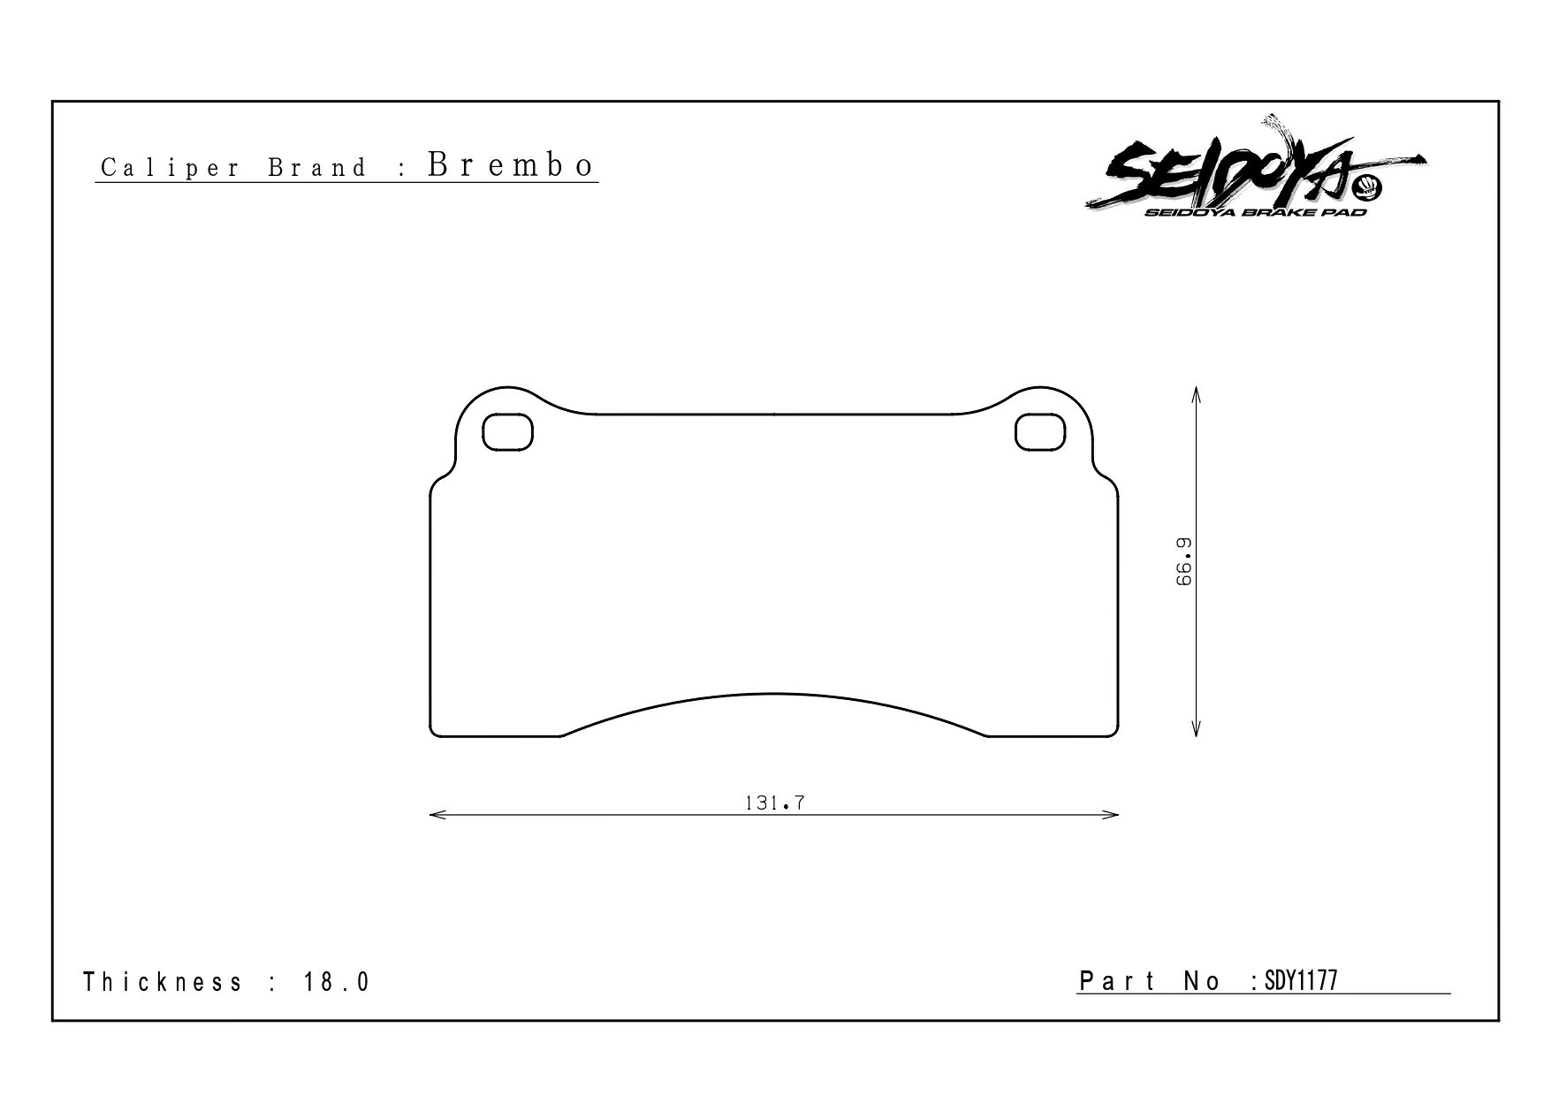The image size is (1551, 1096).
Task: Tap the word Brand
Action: tap(317, 168)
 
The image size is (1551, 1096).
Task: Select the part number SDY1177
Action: tap(1301, 980)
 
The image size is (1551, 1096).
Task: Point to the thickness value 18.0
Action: tap(337, 982)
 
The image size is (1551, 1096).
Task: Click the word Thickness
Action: tap(163, 982)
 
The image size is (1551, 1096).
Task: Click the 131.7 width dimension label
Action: tap(774, 803)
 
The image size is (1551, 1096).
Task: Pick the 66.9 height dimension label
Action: tap(1184, 561)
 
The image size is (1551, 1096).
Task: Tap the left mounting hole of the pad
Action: tap(507, 432)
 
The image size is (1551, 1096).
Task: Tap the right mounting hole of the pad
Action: tap(1040, 432)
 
